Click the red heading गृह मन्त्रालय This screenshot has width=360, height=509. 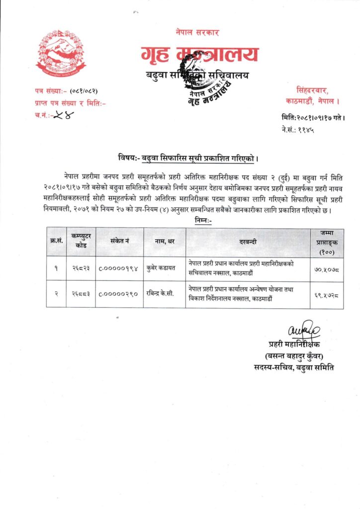199,54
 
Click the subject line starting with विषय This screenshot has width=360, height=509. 188,160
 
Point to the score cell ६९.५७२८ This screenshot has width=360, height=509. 327,294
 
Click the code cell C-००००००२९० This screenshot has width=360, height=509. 119,294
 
